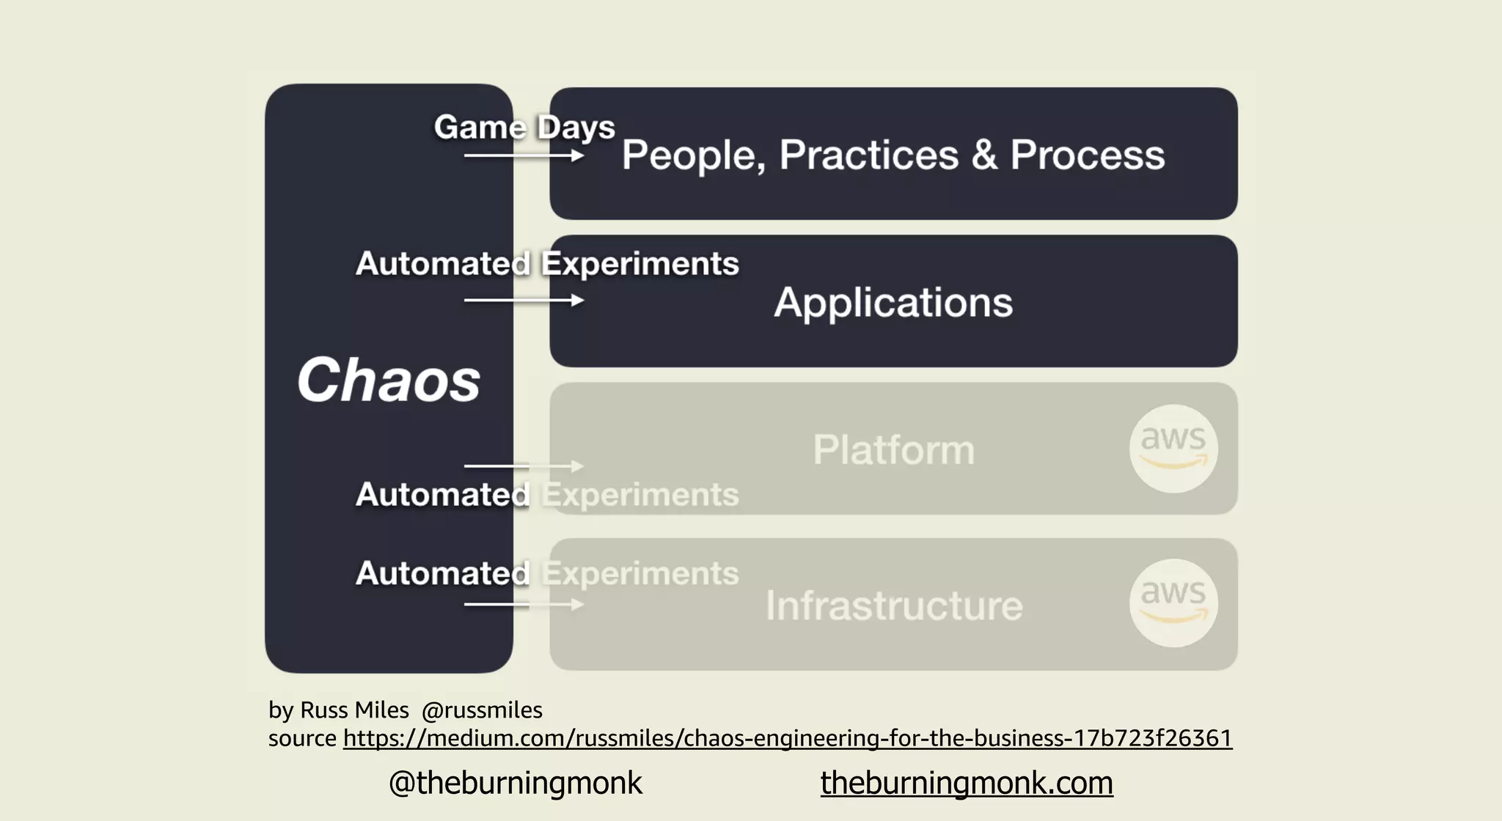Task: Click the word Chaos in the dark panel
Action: click(x=388, y=380)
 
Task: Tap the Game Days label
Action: click(x=524, y=128)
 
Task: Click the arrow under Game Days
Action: click(x=524, y=155)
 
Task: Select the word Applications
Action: click(x=893, y=302)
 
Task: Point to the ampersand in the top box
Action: click(x=984, y=155)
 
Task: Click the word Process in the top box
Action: click(x=1087, y=155)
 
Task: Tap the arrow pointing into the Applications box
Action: click(x=524, y=301)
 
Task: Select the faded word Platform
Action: click(x=893, y=449)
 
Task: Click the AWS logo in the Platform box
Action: click(x=1173, y=448)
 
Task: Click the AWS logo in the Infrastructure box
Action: click(x=1173, y=603)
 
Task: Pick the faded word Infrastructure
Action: click(x=893, y=605)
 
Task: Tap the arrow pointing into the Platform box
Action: click(x=524, y=466)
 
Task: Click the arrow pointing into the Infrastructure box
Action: click(x=524, y=605)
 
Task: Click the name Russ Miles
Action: click(x=354, y=710)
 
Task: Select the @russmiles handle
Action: click(x=482, y=710)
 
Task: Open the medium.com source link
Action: click(x=787, y=737)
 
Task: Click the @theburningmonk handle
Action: click(x=515, y=783)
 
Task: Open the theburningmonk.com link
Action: click(x=966, y=783)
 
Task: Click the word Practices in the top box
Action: click(x=868, y=155)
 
